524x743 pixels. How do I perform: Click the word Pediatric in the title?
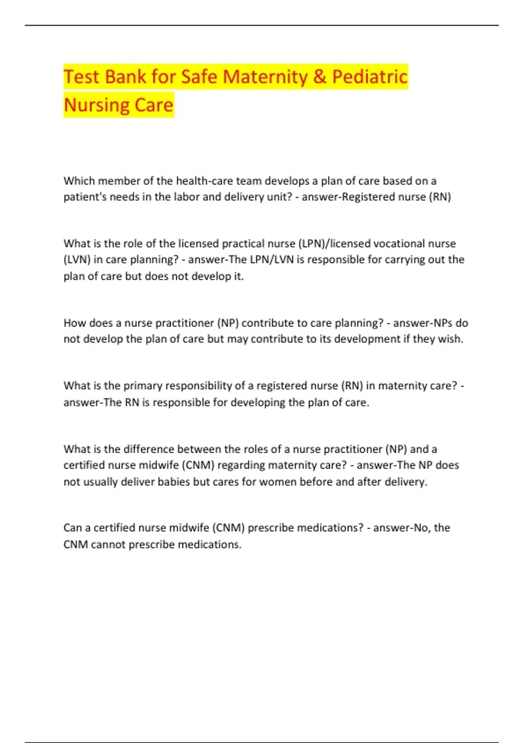(369, 77)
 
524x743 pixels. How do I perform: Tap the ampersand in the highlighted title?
(320, 77)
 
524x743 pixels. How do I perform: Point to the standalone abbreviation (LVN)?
(77, 260)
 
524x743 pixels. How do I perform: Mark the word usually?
(100, 482)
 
